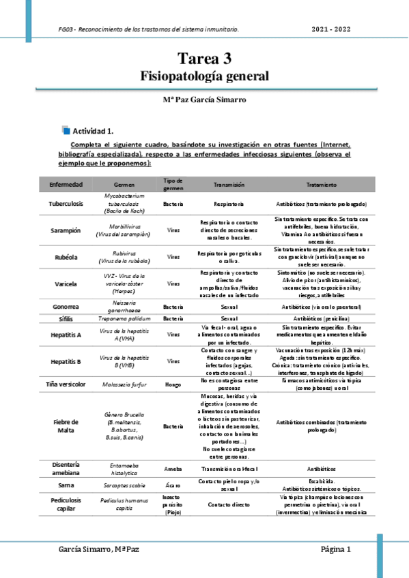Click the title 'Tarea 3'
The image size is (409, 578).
204,59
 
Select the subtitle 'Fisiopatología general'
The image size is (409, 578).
204,75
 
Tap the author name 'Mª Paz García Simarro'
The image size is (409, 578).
204,100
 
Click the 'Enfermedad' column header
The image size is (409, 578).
66,185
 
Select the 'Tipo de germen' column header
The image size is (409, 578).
173,184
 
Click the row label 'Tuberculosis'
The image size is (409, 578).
67,203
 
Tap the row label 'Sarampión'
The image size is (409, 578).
67,230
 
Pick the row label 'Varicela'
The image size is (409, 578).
67,283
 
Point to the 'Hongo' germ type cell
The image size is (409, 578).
173,384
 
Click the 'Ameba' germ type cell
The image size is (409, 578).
173,470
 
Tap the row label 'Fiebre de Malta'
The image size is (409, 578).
67,427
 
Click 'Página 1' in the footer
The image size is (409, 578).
336,549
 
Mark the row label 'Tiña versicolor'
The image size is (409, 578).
67,384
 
